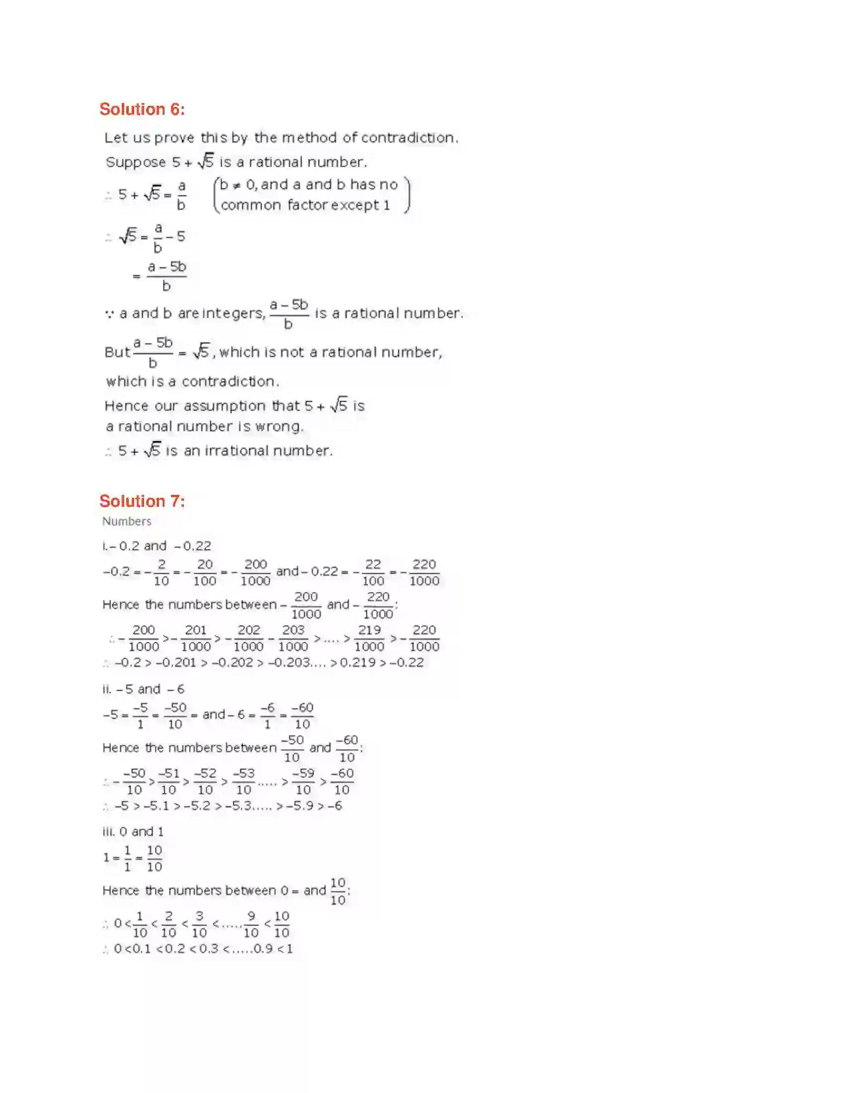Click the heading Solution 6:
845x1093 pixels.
coord(142,109)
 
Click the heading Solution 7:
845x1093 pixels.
coord(142,501)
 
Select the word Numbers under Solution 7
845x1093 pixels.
coord(127,522)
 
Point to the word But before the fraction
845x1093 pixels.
coord(117,352)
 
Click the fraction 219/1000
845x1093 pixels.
coord(369,638)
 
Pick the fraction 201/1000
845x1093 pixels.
coord(196,638)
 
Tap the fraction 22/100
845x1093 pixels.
coord(373,572)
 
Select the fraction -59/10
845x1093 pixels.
coord(303,781)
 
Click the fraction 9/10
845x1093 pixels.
coord(251,925)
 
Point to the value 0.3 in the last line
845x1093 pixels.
coord(209,949)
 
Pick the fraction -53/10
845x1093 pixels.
coord(244,781)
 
